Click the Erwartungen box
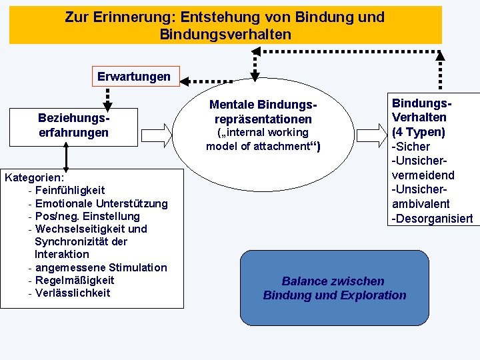click(x=133, y=77)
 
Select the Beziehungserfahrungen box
click(x=73, y=125)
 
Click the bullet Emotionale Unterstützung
click(x=101, y=203)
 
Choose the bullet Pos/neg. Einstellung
click(x=87, y=216)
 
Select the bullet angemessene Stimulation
click(x=101, y=267)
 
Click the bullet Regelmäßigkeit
click(x=75, y=280)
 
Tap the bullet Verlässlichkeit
click(x=73, y=293)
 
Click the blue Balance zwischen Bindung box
click(x=334, y=288)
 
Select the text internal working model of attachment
click(x=263, y=139)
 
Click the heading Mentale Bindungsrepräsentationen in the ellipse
click(x=263, y=112)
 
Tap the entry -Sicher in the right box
click(x=411, y=147)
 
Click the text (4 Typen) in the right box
click(x=419, y=132)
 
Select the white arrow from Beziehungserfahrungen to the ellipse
click(x=157, y=136)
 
